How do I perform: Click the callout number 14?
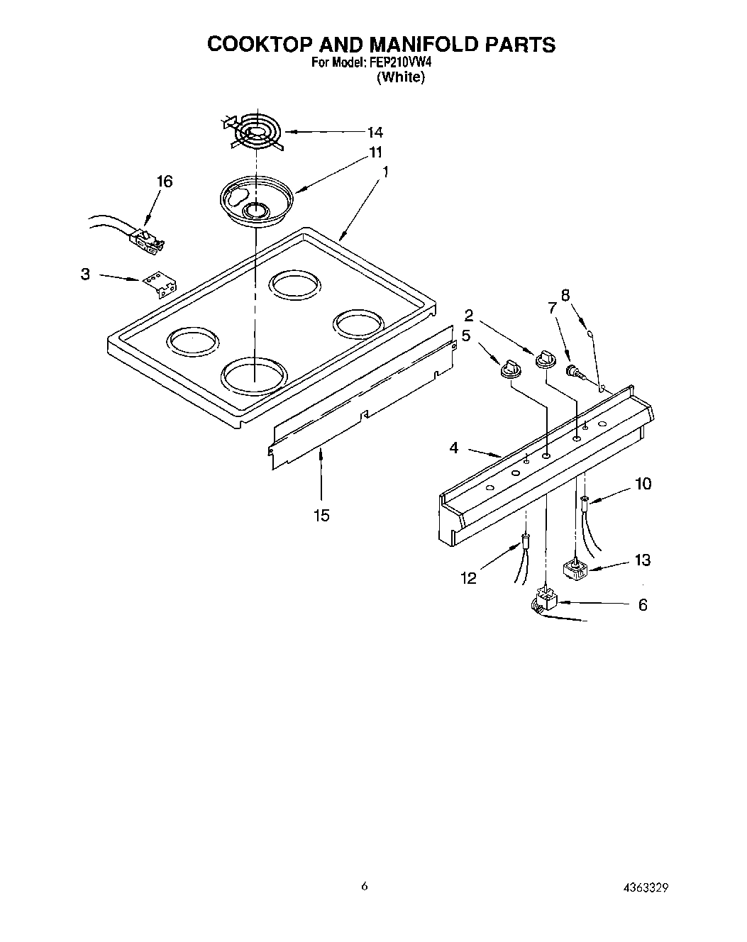click(375, 132)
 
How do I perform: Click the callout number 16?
click(164, 182)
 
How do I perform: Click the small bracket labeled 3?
click(159, 285)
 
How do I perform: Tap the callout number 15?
click(321, 515)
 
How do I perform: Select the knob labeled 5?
click(509, 369)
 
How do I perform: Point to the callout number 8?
click(565, 296)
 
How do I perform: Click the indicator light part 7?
click(572, 370)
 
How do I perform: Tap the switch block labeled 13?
click(573, 569)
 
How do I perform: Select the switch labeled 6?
click(546, 600)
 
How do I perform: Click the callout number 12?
click(468, 578)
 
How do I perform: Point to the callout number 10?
click(643, 484)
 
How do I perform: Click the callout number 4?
click(454, 448)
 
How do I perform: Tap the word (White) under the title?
click(401, 77)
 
